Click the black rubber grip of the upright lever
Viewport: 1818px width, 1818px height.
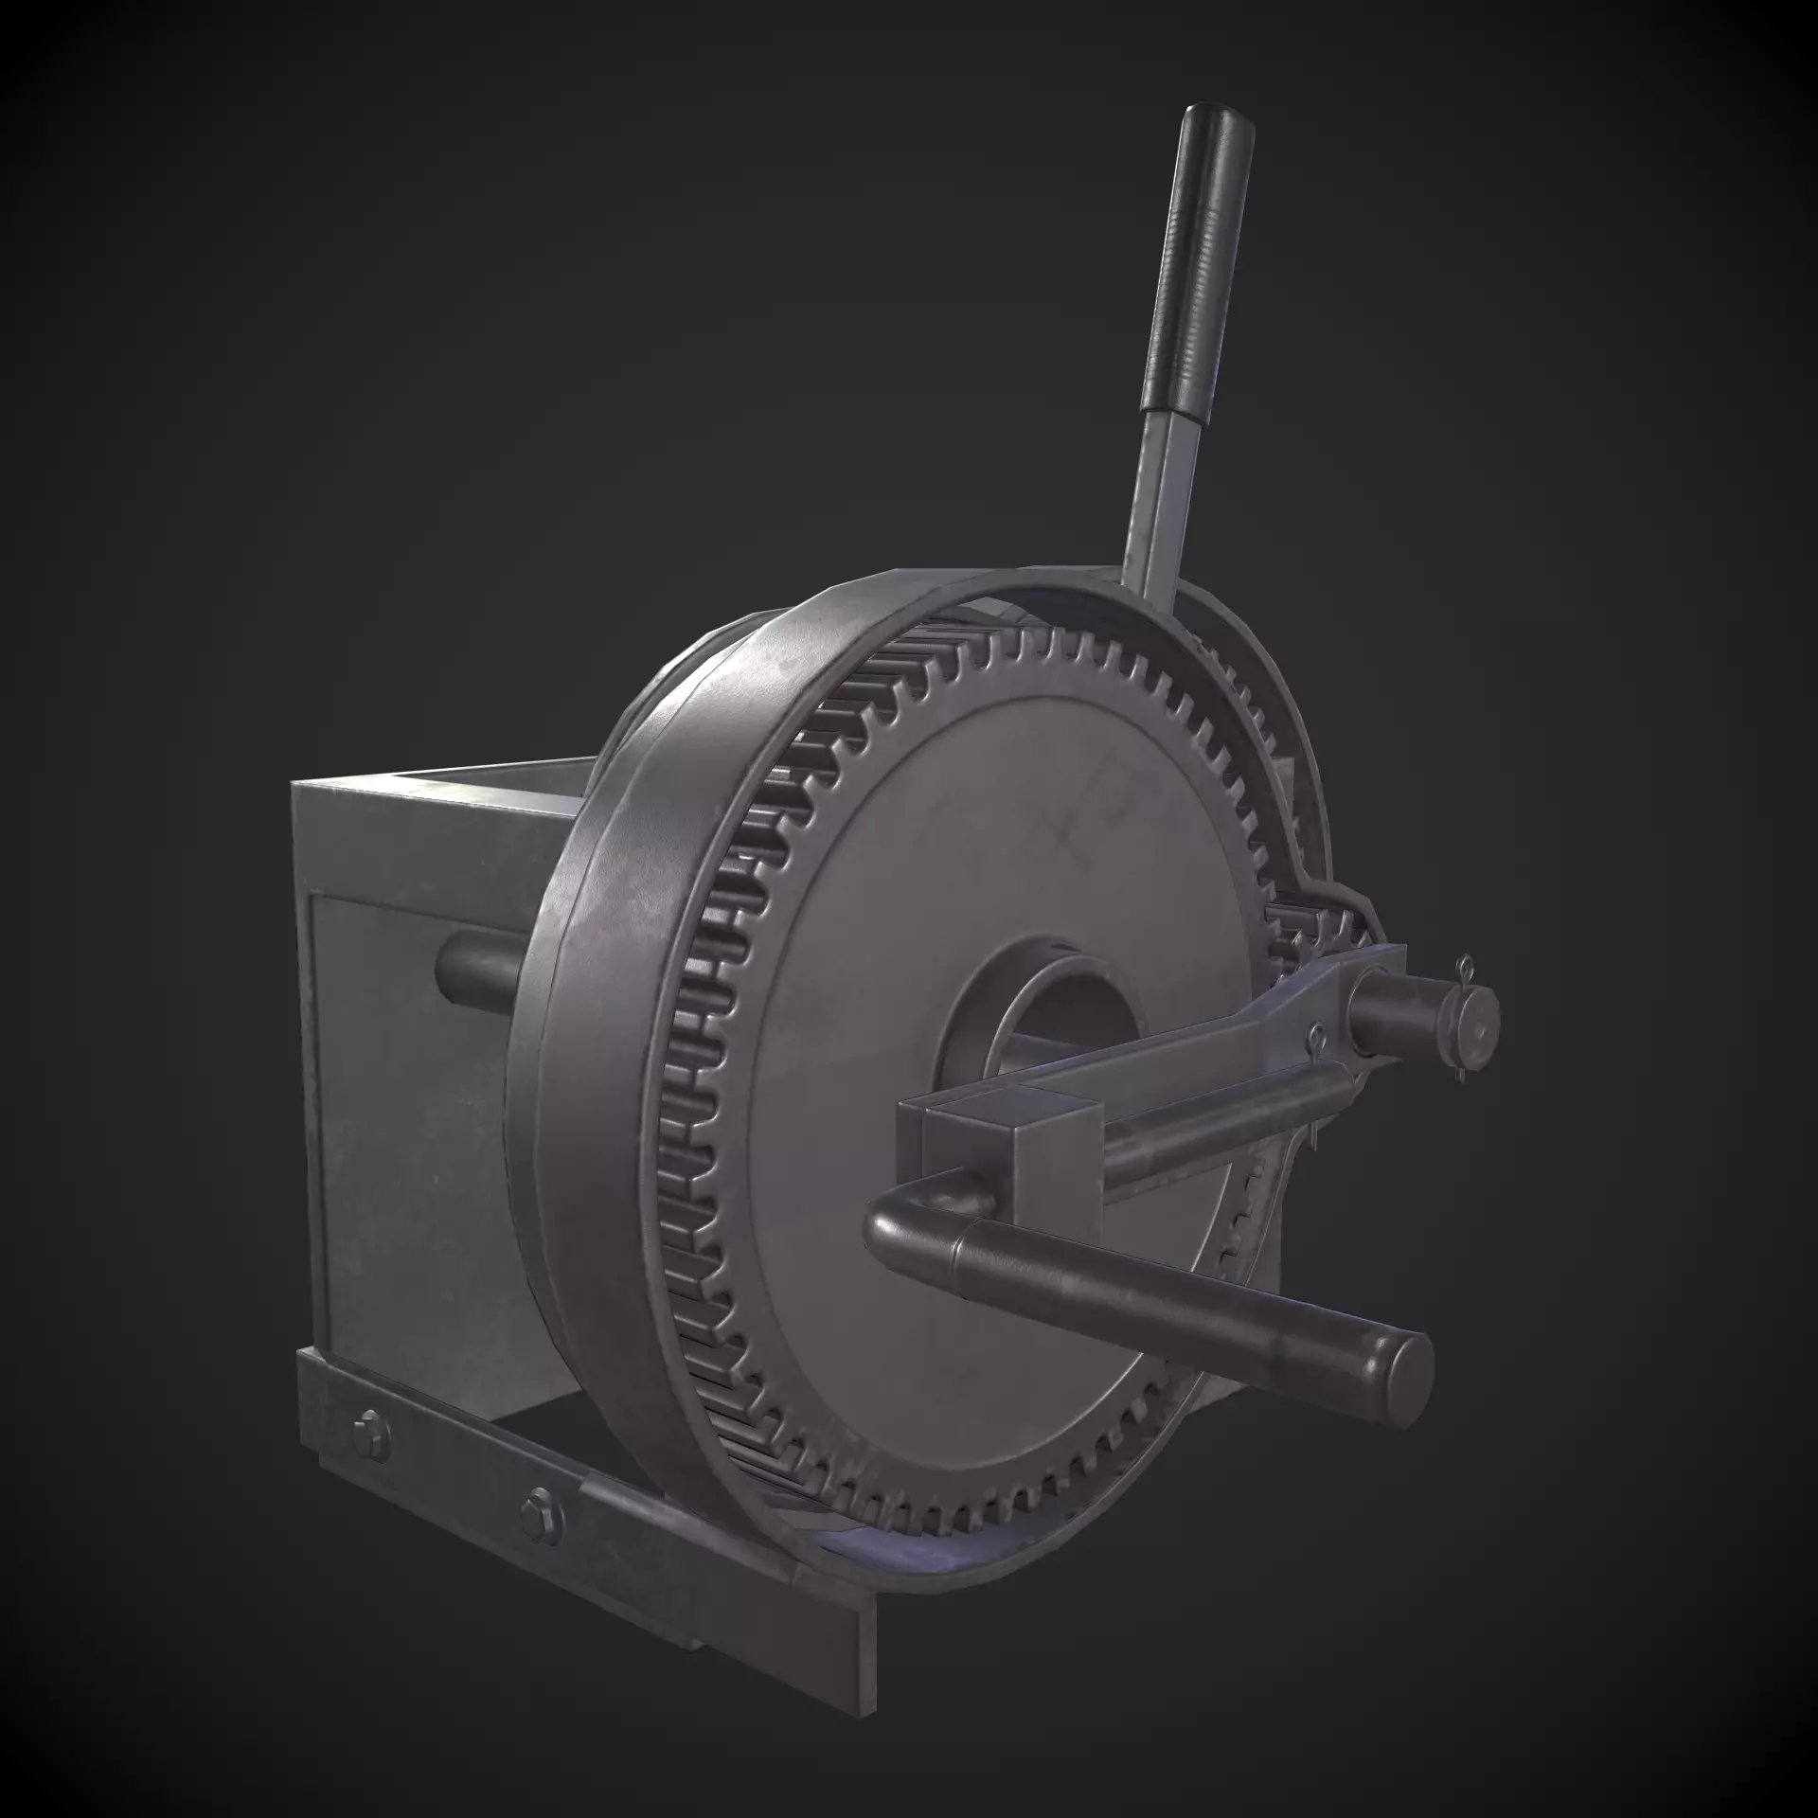pos(1201,275)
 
